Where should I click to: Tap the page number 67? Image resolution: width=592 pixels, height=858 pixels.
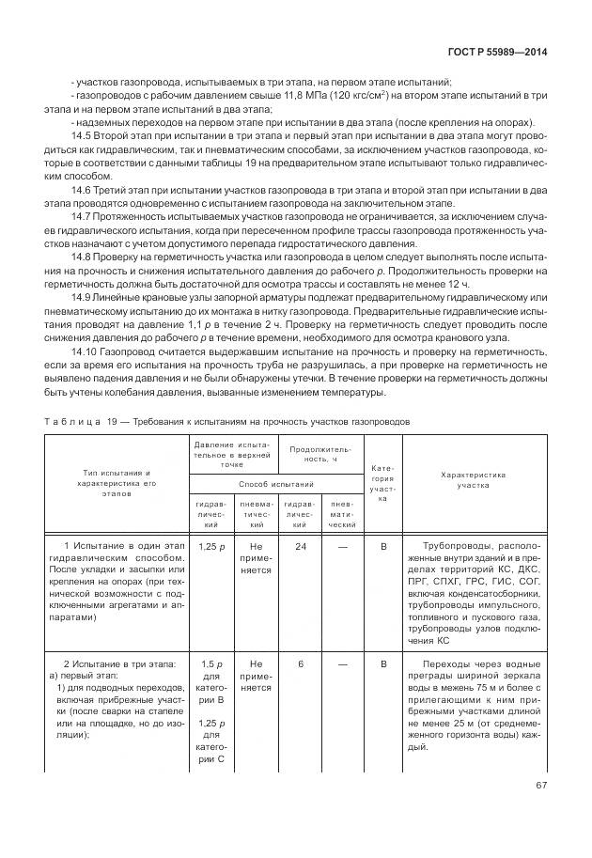click(541, 785)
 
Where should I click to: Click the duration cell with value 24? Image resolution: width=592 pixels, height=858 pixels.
click(300, 545)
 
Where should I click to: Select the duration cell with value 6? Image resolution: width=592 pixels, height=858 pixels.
click(300, 663)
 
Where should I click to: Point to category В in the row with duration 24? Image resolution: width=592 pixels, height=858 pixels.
click(382, 545)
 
